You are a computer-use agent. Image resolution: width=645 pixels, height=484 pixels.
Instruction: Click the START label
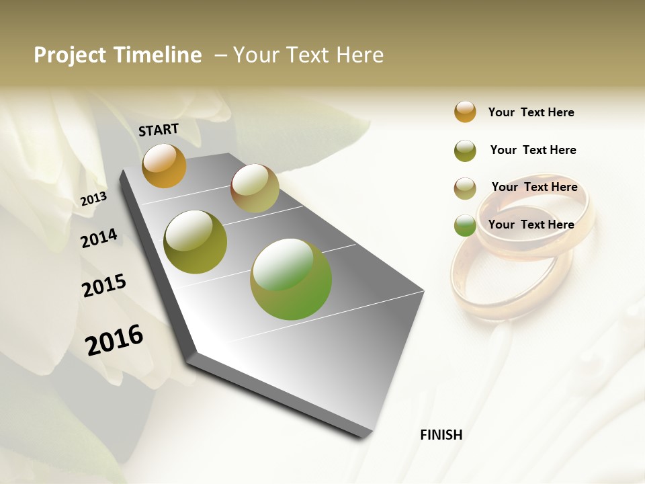[159, 130]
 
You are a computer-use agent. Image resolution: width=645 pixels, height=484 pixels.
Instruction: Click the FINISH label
[441, 435]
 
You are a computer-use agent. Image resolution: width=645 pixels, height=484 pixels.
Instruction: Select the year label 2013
[93, 199]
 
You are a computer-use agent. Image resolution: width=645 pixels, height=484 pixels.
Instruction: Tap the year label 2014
[99, 239]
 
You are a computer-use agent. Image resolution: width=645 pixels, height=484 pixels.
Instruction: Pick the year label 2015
[104, 286]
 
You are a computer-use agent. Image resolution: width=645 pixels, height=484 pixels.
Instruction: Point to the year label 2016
[114, 340]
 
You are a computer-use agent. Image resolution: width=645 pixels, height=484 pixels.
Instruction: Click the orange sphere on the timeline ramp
[164, 165]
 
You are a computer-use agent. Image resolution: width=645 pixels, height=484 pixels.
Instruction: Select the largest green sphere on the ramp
[290, 279]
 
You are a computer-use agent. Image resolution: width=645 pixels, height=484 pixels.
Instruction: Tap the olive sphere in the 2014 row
[195, 242]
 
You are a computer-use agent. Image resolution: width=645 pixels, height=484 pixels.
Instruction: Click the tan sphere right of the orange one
[255, 188]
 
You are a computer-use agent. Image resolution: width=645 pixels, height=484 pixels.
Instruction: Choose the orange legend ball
[465, 112]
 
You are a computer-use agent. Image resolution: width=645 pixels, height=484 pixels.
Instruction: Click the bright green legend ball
[465, 225]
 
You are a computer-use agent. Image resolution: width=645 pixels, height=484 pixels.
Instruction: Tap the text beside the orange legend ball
[531, 112]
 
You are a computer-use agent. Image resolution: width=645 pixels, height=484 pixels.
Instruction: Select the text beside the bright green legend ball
[531, 225]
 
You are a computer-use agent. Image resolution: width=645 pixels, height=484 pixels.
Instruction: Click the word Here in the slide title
[359, 55]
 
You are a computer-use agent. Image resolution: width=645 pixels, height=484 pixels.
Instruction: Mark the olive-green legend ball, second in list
[465, 151]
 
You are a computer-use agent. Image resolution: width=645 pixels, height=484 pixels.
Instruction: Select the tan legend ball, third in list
[465, 188]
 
